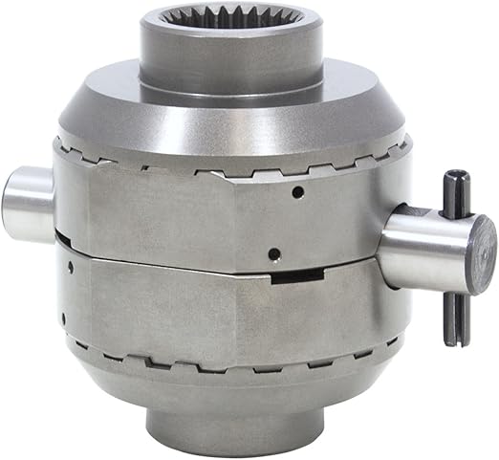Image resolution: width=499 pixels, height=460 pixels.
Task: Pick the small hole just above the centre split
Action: (x=274, y=253)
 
